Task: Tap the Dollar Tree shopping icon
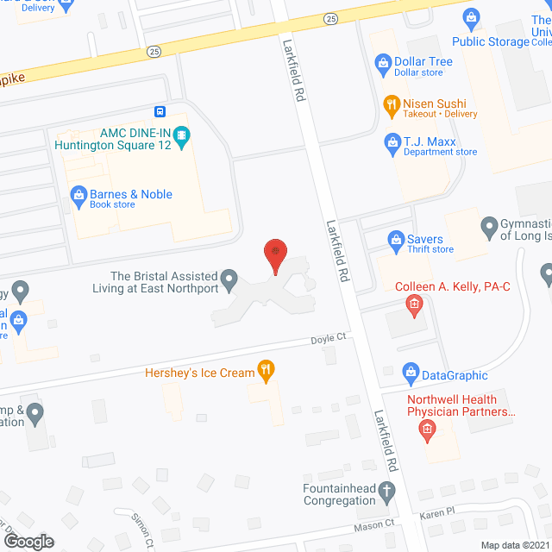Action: [x=383, y=62]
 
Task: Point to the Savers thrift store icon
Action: [x=396, y=239]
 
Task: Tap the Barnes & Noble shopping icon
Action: [x=78, y=195]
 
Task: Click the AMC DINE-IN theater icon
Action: [x=181, y=135]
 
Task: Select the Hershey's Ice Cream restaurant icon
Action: [x=267, y=373]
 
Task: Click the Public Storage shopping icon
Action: [x=471, y=16]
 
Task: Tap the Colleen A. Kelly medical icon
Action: [x=414, y=304]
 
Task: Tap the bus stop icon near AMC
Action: [x=160, y=111]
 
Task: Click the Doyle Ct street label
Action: [x=328, y=339]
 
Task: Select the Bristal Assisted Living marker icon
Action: [x=229, y=278]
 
